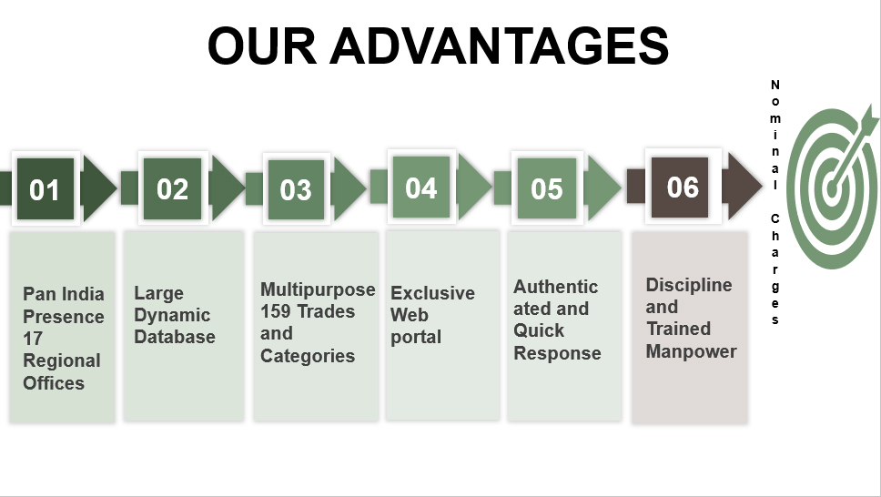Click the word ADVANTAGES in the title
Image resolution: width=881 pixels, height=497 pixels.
499,46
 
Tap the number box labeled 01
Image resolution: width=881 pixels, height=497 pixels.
46,188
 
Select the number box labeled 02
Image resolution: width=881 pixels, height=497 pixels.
173,188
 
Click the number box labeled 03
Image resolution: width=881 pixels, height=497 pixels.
296,189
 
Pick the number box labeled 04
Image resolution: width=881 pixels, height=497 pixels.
421,188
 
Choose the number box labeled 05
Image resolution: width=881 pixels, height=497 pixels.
547,188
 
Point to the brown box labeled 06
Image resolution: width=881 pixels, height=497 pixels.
680,188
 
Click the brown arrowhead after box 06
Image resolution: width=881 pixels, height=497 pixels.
742,186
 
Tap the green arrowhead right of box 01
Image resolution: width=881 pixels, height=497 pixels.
99,188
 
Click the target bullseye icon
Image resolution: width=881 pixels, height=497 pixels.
833,188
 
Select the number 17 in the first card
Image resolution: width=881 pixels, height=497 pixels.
33,339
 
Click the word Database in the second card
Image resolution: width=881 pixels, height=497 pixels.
175,337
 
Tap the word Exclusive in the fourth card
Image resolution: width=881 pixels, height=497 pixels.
432,293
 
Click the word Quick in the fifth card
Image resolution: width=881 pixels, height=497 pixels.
539,330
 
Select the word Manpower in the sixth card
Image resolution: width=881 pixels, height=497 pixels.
691,351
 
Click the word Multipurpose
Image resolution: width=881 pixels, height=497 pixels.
318,290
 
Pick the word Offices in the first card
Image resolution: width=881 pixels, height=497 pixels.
54,383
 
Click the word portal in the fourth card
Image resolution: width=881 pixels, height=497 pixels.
416,338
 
